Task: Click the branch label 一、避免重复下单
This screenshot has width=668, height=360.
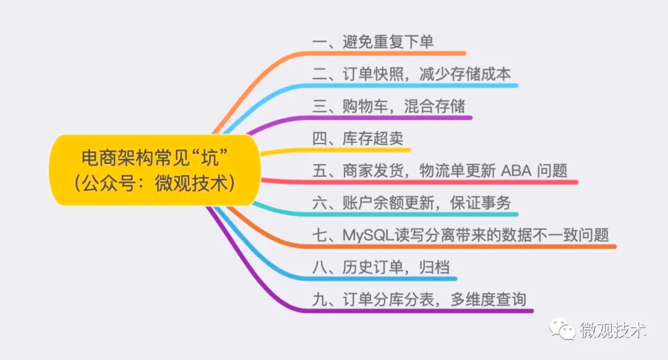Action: click(373, 41)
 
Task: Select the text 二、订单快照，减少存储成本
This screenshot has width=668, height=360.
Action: click(411, 74)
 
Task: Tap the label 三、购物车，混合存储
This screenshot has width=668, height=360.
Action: click(388, 106)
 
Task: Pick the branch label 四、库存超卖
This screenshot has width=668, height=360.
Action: click(358, 139)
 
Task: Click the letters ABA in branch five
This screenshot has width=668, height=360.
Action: click(516, 171)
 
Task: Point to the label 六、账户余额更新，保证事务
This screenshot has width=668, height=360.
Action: click(411, 204)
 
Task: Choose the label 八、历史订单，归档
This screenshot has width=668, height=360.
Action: click(381, 268)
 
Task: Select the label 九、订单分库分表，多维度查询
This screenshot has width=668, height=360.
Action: click(419, 299)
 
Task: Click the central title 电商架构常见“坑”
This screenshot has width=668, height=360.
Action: click(155, 158)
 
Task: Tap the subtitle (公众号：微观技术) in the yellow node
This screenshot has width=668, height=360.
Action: click(155, 183)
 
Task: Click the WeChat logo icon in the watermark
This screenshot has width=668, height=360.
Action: click(562, 329)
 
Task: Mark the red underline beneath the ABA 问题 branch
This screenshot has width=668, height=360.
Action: click(419, 182)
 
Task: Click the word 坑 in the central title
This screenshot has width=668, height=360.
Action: click(210, 158)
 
